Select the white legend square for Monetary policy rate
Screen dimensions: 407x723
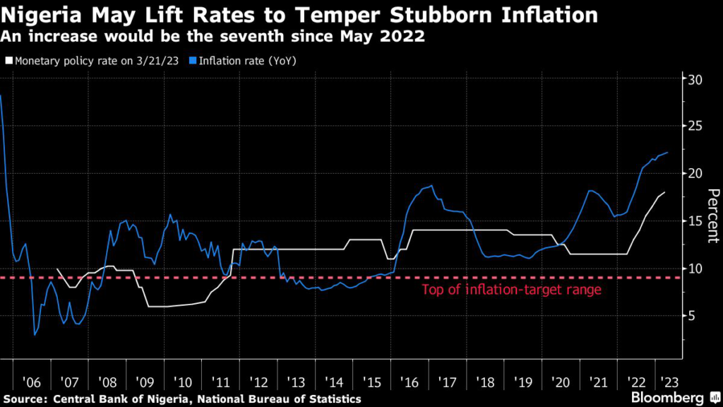(x=7, y=61)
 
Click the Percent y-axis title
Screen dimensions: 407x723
(x=712, y=216)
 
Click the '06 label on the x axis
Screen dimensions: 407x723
(x=32, y=382)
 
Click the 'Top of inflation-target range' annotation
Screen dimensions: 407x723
(x=511, y=290)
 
